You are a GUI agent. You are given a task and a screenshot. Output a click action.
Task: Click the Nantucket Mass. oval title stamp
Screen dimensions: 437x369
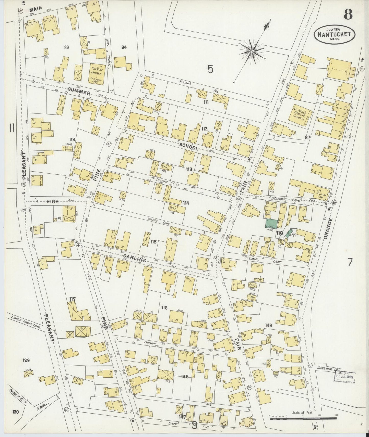point(334,34)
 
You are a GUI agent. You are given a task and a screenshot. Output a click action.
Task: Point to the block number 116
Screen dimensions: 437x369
point(164,308)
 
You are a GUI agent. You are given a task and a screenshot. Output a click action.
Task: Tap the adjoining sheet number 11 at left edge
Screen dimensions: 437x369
point(11,127)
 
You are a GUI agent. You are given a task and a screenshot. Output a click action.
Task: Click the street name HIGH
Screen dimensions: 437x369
point(52,201)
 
